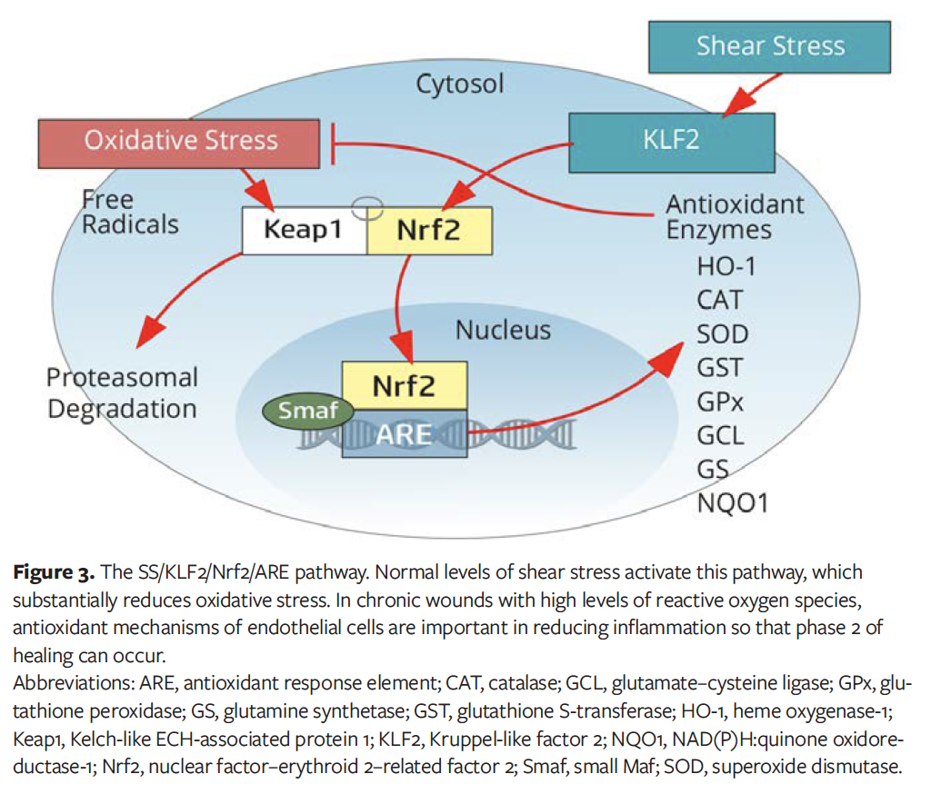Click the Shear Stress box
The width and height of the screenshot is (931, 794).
tap(770, 46)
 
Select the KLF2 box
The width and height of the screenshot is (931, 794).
tap(671, 143)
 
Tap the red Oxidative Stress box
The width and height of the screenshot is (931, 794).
tap(181, 141)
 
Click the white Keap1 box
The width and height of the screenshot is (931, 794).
tap(303, 230)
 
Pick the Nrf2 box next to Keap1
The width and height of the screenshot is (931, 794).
tap(428, 230)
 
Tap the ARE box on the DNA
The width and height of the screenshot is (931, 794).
tap(405, 433)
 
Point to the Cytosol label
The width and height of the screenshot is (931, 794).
tap(459, 84)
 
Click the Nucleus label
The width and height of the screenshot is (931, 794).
tap(503, 330)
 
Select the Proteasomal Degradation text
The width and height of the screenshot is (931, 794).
tap(122, 392)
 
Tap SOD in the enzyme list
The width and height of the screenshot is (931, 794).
tap(723, 333)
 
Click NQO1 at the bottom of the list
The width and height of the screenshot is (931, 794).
tap(732, 501)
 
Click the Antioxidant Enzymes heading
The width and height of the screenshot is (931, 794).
tap(735, 216)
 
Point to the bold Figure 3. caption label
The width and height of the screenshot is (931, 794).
tap(54, 573)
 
